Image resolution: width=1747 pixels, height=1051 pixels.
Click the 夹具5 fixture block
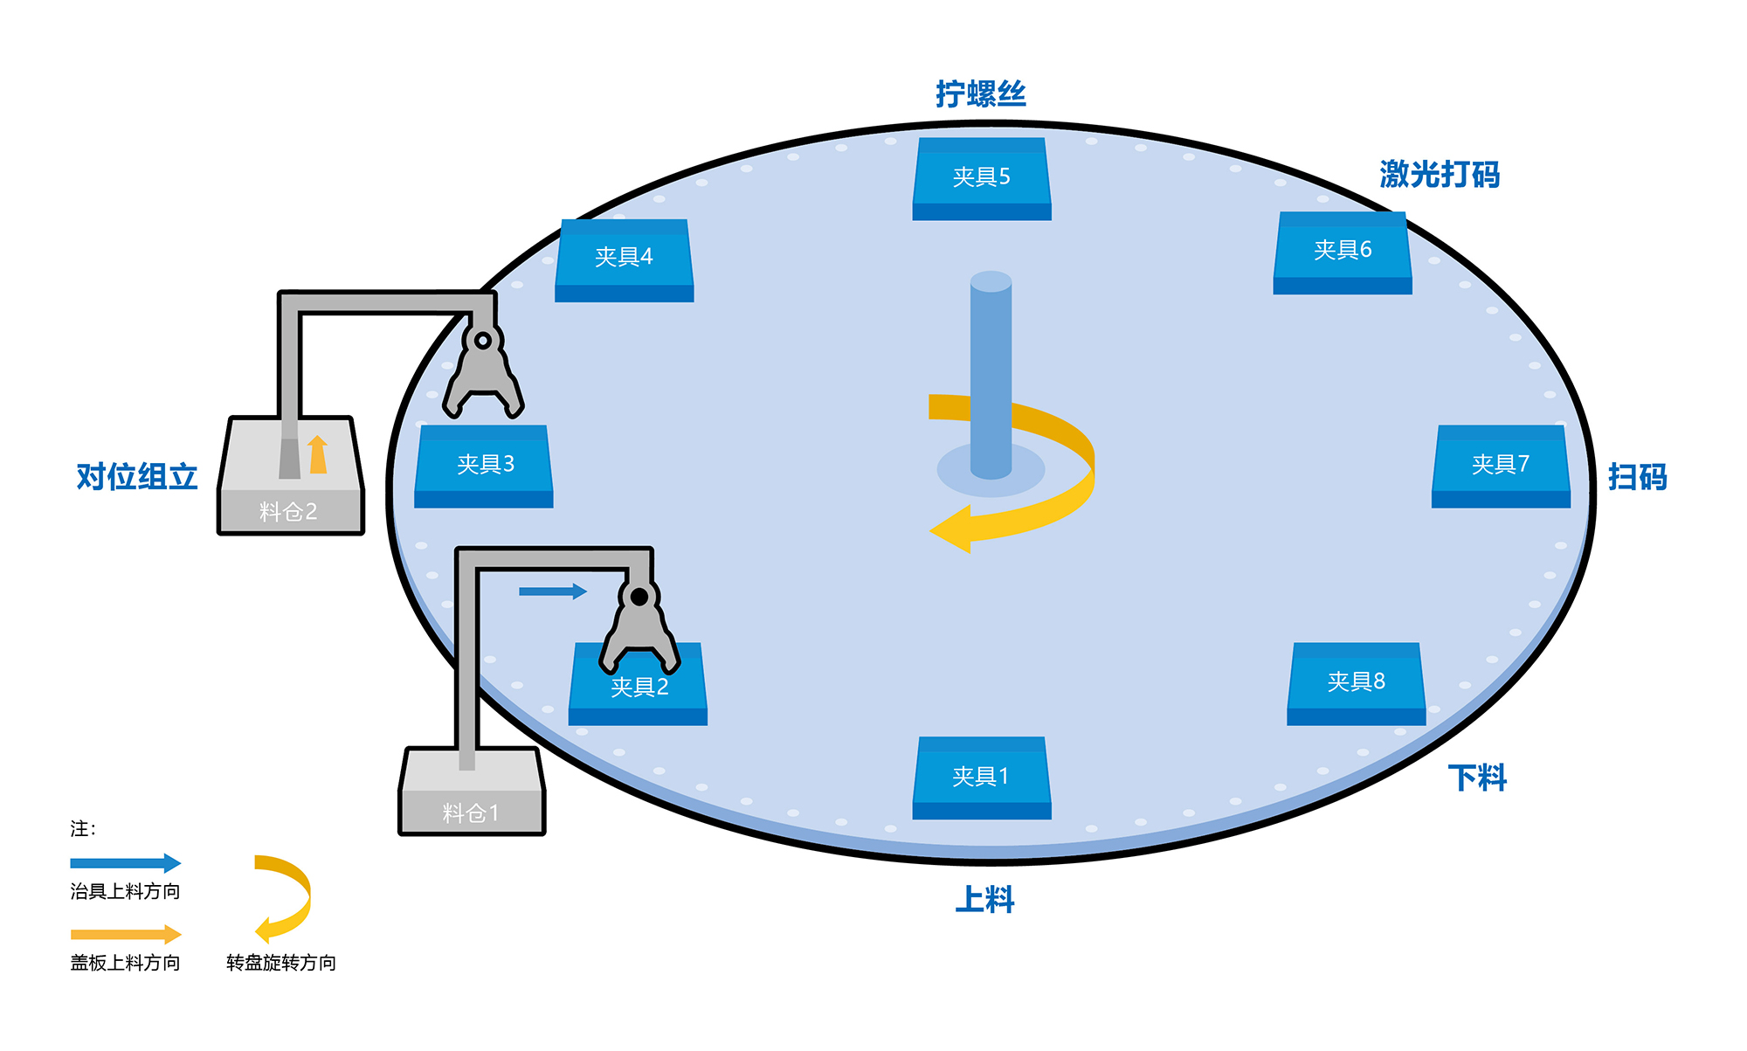tap(981, 178)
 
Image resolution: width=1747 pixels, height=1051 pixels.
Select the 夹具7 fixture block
tap(1500, 465)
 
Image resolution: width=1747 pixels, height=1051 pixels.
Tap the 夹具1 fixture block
tap(981, 777)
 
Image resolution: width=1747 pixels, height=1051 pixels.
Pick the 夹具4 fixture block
tap(624, 259)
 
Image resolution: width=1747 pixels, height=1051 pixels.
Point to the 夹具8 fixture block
tap(1356, 682)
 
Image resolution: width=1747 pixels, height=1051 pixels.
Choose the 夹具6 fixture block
tap(1343, 252)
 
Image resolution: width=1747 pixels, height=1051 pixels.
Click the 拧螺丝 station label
tap(980, 94)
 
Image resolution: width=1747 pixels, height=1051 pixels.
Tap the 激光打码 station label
tap(1440, 175)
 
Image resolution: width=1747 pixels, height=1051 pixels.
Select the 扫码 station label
tap(1638, 477)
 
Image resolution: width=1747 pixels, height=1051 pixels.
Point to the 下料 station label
tap(1477, 778)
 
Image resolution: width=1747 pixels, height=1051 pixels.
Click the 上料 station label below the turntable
tap(984, 899)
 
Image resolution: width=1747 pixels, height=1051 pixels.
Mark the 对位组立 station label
tap(137, 477)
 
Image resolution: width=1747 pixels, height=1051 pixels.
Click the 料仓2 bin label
tap(288, 512)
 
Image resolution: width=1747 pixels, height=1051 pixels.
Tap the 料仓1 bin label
tap(471, 813)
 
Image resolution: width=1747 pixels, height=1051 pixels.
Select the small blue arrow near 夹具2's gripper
tap(552, 591)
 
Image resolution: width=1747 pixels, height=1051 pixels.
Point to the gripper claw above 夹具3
tap(483, 371)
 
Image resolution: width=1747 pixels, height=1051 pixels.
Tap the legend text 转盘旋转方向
tap(281, 963)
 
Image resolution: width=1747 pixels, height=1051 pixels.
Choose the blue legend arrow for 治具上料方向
tap(125, 863)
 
